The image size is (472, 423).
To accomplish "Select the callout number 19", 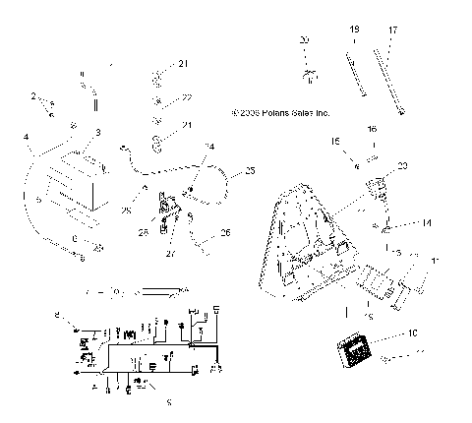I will point(354,31).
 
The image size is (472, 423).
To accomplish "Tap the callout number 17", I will point(393,31).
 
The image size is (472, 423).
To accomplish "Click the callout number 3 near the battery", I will point(96,132).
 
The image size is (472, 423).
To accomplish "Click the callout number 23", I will point(403,165).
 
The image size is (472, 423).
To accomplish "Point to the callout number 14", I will point(427,224).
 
